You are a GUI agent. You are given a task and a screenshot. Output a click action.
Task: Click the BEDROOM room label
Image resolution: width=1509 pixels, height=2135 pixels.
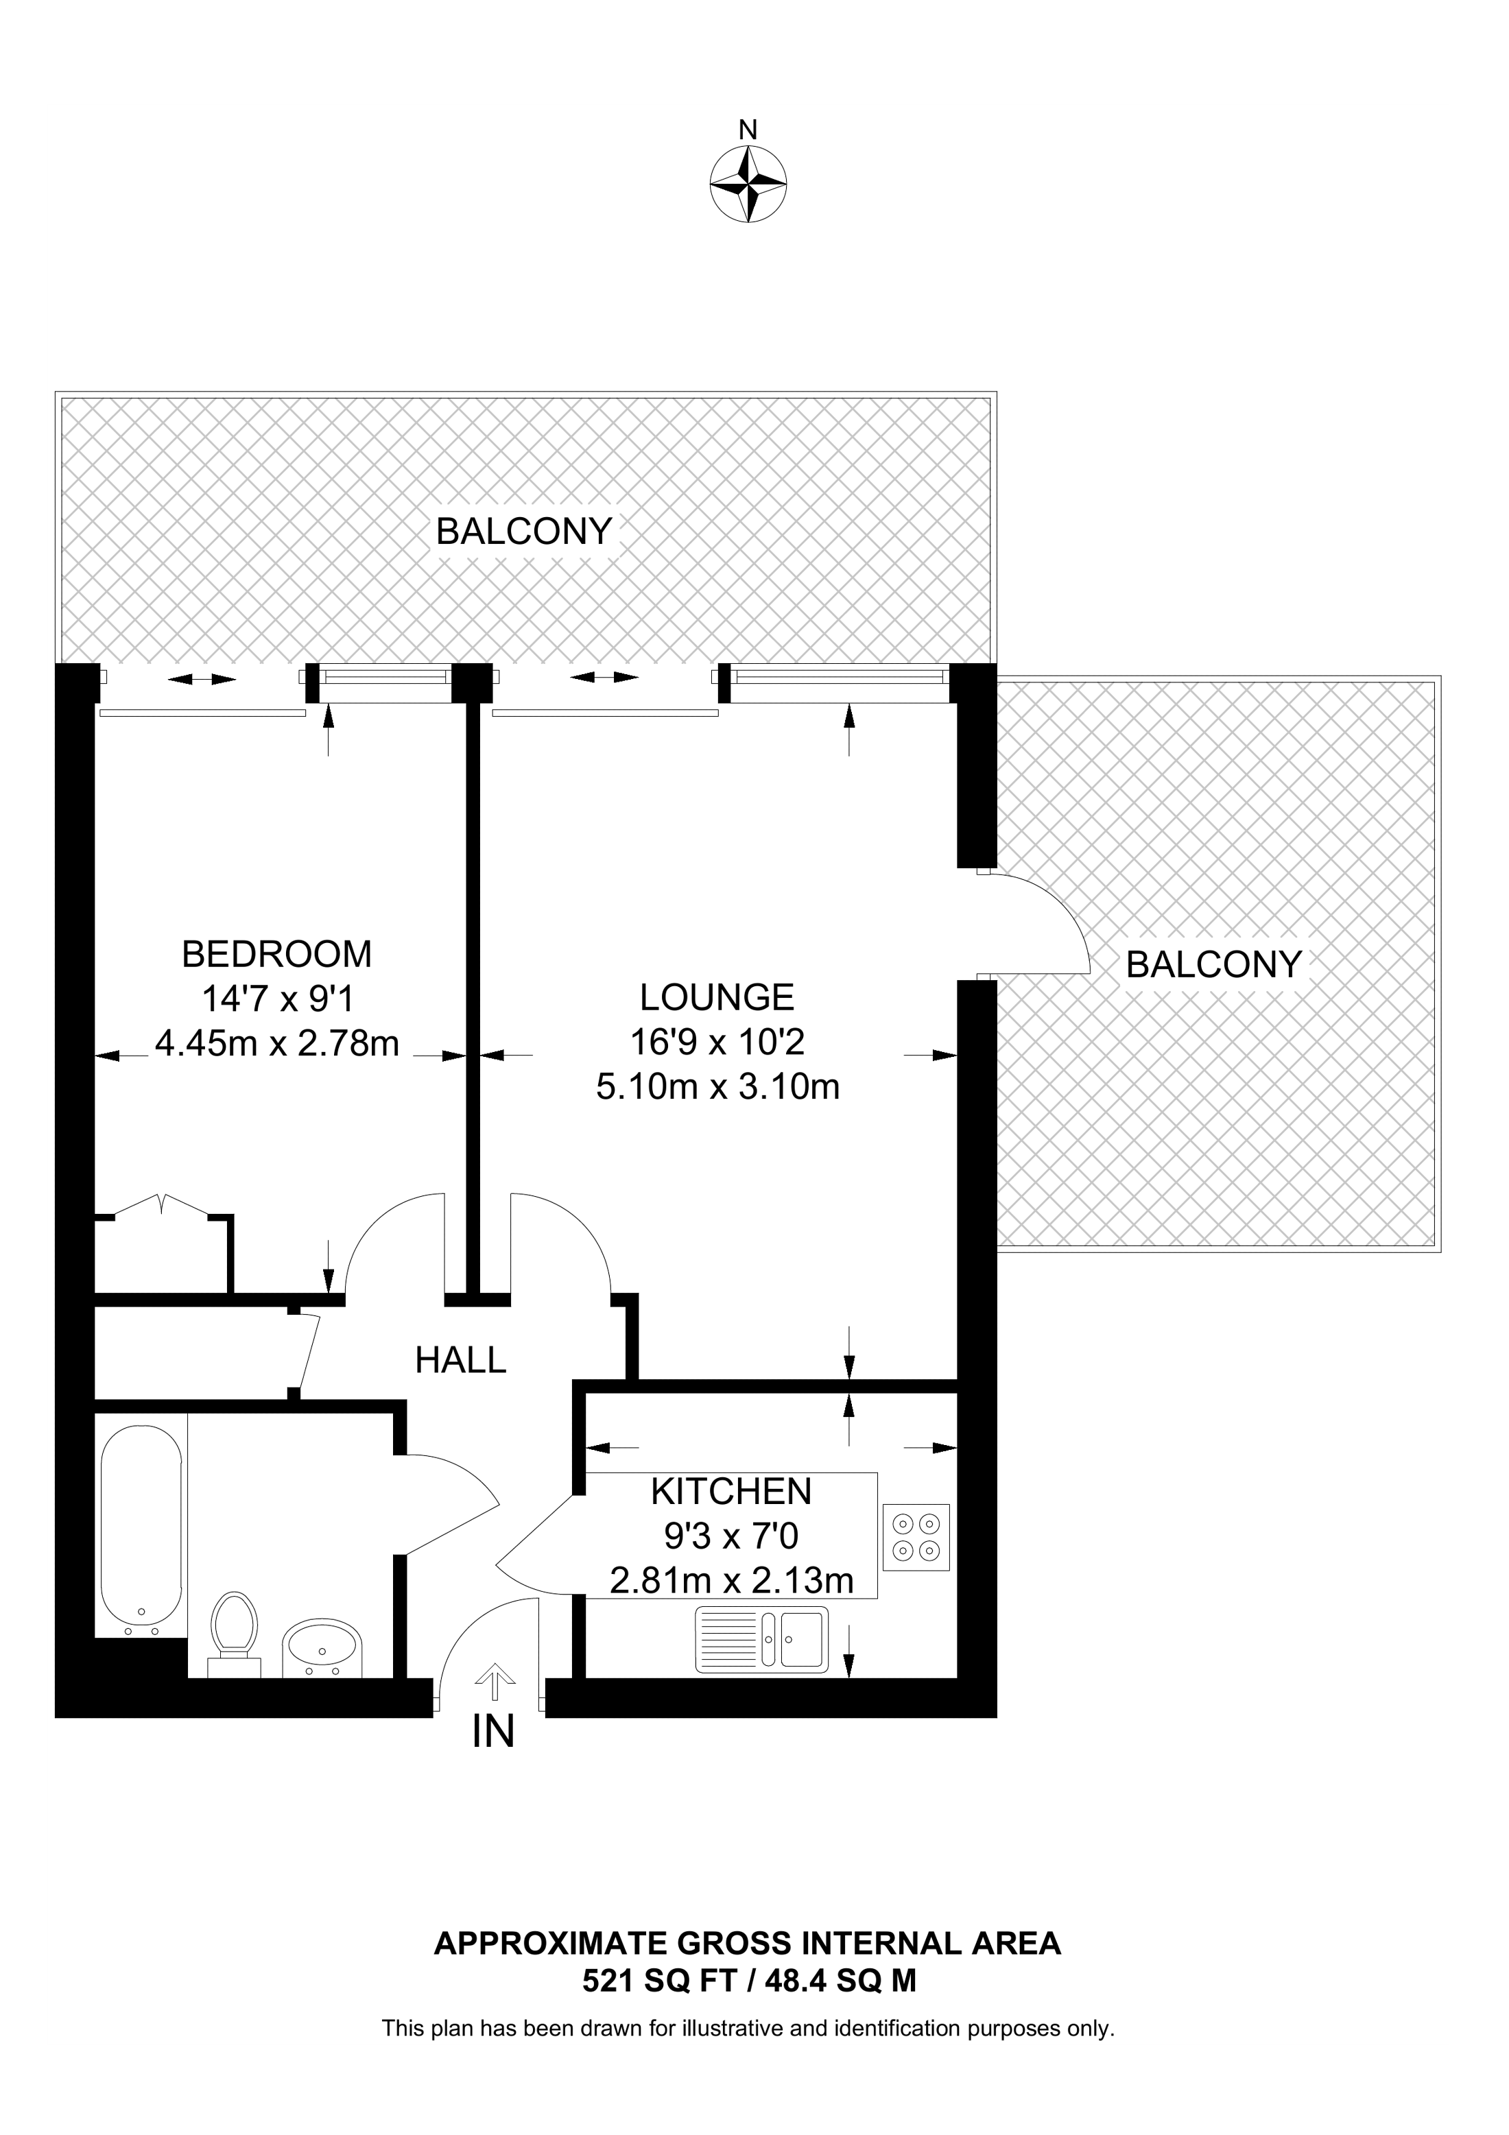(x=276, y=954)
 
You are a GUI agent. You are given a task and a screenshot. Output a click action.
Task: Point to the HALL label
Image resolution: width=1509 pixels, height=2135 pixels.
(x=460, y=1361)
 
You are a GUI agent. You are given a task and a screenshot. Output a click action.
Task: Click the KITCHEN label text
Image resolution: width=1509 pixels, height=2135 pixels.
(x=730, y=1492)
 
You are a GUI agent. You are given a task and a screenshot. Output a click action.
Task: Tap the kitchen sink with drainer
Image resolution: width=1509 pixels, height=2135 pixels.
(x=759, y=1639)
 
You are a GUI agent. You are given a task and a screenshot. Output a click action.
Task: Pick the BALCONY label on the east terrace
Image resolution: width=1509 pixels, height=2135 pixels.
(x=1213, y=964)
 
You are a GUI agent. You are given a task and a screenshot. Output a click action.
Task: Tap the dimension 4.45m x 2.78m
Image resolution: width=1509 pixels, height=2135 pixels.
(x=277, y=1043)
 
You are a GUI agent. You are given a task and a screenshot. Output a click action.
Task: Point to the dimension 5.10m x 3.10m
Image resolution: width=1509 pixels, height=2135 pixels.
(x=717, y=1086)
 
